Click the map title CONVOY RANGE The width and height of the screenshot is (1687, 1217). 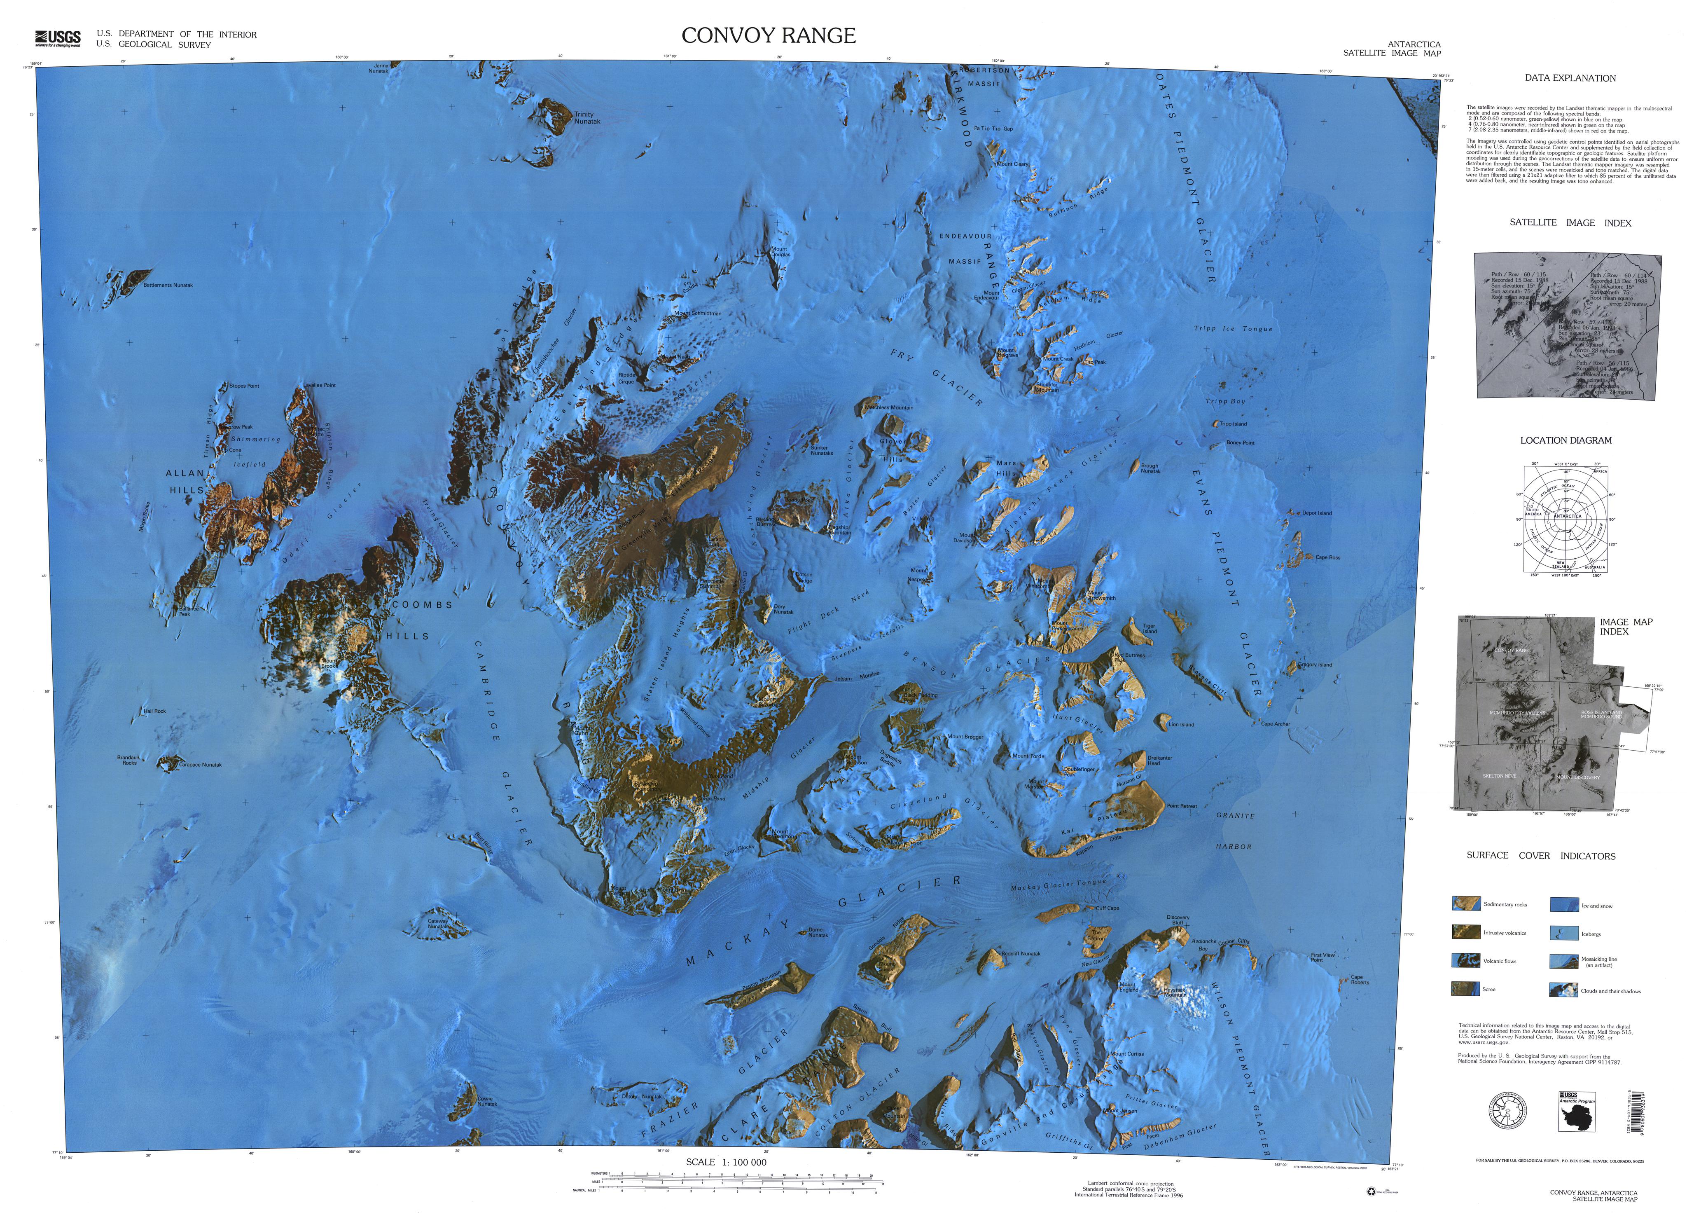769,36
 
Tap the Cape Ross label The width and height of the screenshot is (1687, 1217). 1328,557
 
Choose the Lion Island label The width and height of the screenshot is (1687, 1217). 1181,725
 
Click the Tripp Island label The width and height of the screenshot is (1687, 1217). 1233,424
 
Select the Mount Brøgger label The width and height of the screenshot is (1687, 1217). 965,737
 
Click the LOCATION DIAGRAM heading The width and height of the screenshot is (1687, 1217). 1566,440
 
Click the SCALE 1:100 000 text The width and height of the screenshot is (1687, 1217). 726,1162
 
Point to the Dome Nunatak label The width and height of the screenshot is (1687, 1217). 818,932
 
